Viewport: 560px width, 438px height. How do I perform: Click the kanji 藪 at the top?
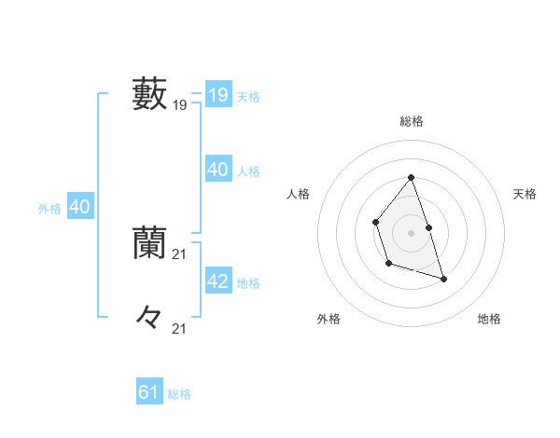tap(149, 94)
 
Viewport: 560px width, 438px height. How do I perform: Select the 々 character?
tap(149, 318)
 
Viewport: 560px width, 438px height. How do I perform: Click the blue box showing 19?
tap(217, 95)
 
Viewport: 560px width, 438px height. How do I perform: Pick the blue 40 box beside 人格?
tap(217, 170)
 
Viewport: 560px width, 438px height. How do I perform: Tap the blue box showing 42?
tap(217, 281)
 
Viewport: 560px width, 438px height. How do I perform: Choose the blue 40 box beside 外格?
tap(79, 207)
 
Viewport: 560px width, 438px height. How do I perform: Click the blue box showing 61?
tap(148, 392)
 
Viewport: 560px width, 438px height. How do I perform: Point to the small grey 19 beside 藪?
tap(180, 106)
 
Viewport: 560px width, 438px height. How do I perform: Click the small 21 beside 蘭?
tap(180, 254)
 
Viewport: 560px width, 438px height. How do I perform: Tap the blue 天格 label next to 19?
tap(248, 97)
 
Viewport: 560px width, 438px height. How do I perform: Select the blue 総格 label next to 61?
tap(179, 394)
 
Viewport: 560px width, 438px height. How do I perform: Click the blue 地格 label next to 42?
tap(248, 283)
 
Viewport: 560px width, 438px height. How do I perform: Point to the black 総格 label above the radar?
tap(411, 121)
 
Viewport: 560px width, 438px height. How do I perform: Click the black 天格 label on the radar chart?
tap(525, 194)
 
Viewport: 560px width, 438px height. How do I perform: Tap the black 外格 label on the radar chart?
tap(329, 320)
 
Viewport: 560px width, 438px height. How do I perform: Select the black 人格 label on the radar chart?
tap(298, 194)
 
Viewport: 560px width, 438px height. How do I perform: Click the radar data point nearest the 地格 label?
tap(443, 279)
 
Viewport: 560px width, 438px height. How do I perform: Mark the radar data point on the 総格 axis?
tap(411, 177)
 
